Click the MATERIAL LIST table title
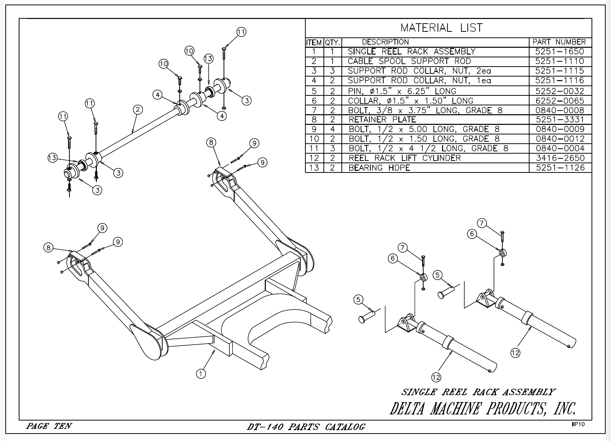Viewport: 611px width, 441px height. pyautogui.click(x=441, y=28)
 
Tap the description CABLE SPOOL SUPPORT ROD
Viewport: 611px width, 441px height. pyautogui.click(x=409, y=61)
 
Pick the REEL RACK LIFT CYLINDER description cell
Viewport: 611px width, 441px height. pyautogui.click(x=405, y=158)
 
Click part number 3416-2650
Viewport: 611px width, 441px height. pyautogui.click(x=560, y=158)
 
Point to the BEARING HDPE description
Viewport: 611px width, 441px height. pyautogui.click(x=379, y=168)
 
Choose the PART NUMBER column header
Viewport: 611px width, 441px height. pyautogui.click(x=559, y=42)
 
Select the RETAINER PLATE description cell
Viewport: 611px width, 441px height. pyautogui.click(x=382, y=120)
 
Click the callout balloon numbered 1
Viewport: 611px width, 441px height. pyautogui.click(x=201, y=374)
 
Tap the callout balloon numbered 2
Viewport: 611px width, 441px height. pyautogui.click(x=138, y=110)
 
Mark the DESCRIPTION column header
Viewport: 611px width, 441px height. pyautogui.click(x=385, y=42)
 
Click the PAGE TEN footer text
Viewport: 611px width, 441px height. pyautogui.click(x=49, y=426)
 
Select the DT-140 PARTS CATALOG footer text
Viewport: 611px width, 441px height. pyautogui.click(x=306, y=427)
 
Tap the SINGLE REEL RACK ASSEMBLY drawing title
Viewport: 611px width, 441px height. pyautogui.click(x=478, y=392)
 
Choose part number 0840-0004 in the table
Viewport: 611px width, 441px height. pyautogui.click(x=560, y=148)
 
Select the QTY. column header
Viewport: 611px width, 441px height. pyautogui.click(x=333, y=42)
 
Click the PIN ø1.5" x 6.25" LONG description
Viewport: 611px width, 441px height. pyautogui.click(x=402, y=91)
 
